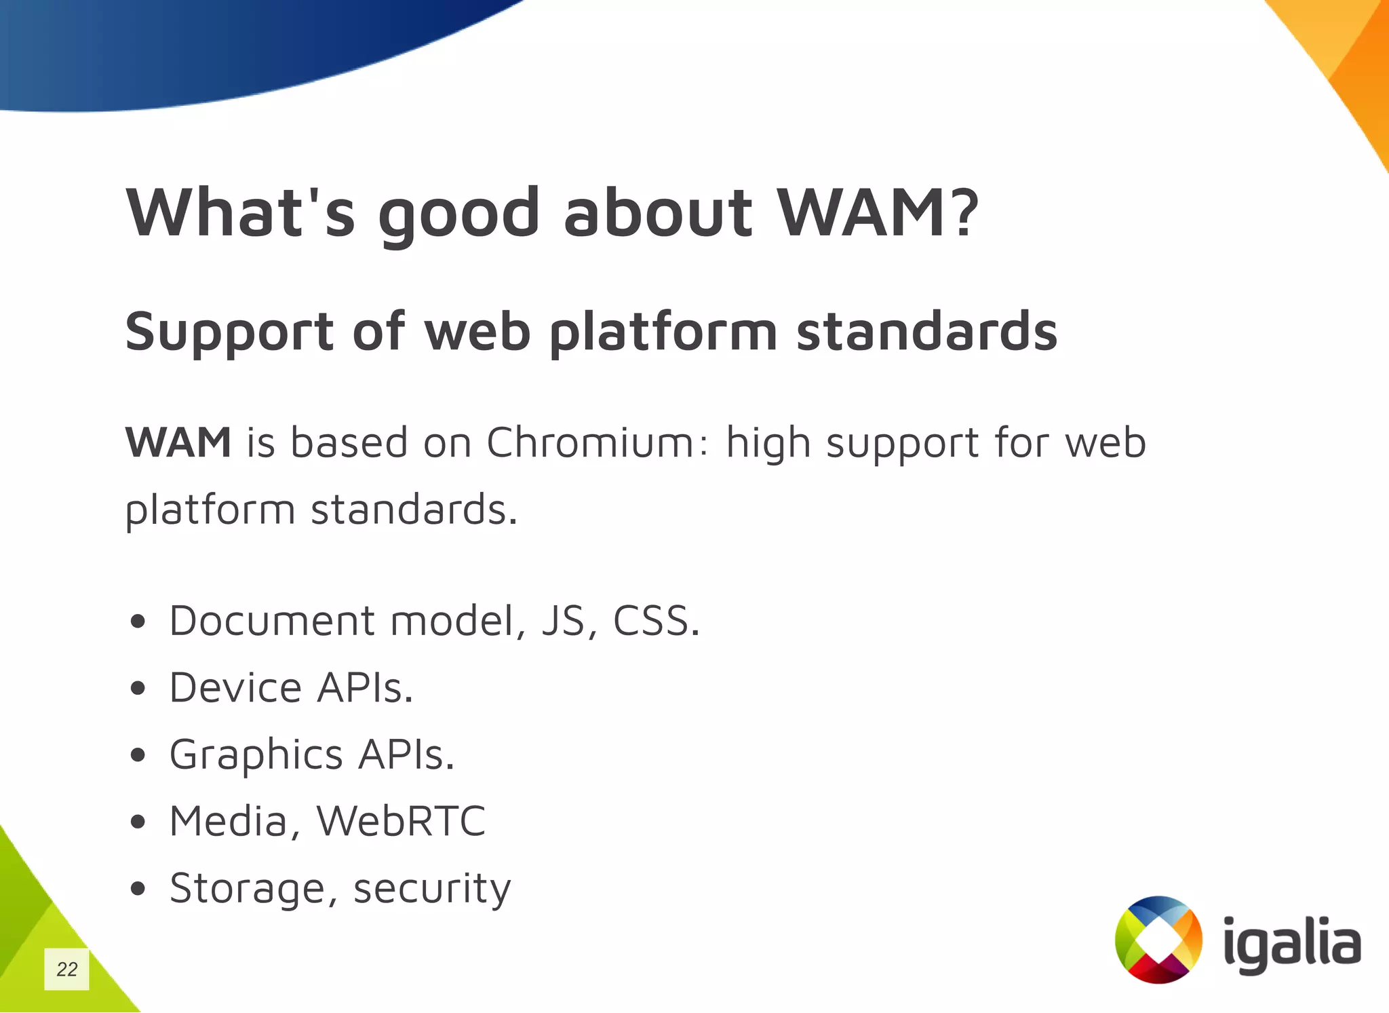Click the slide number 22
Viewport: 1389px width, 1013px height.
tap(66, 969)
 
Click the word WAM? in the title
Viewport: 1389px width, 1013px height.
tap(878, 212)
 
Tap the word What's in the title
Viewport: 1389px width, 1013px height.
tap(241, 212)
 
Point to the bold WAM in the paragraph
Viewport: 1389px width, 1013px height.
tap(178, 442)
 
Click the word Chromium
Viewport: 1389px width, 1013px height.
tap(591, 442)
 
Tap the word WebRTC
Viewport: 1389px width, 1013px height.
tap(402, 821)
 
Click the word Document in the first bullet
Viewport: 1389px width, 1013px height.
tap(272, 620)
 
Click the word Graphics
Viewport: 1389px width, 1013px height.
tap(256, 755)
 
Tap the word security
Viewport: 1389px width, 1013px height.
tap(432, 888)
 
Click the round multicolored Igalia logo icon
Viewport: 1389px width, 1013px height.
tap(1158, 940)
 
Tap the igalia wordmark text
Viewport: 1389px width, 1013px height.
tap(1292, 943)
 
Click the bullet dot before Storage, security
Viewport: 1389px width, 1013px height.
tap(138, 888)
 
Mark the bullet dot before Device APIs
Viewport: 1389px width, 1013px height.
tap(138, 689)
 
